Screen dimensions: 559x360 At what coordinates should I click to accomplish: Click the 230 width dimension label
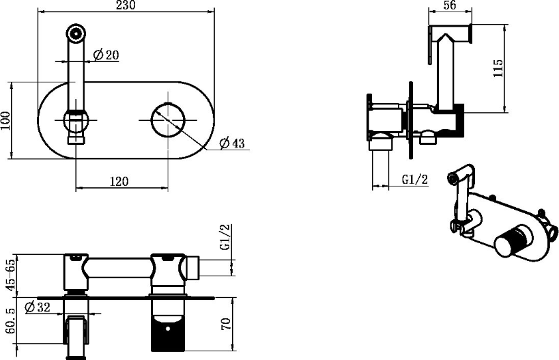126,5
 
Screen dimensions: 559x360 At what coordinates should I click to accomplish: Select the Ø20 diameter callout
106,55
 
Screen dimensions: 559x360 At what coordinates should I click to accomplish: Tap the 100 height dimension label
5,121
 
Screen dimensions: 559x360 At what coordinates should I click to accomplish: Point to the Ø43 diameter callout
232,143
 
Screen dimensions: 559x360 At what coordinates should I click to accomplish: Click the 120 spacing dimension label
119,181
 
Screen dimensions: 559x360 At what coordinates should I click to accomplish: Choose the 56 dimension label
450,5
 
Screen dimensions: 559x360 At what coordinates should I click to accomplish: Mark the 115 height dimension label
498,68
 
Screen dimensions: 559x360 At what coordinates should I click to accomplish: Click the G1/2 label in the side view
414,179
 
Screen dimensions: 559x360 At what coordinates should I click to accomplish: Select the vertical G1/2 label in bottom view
225,237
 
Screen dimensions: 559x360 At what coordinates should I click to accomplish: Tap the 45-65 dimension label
11,275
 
